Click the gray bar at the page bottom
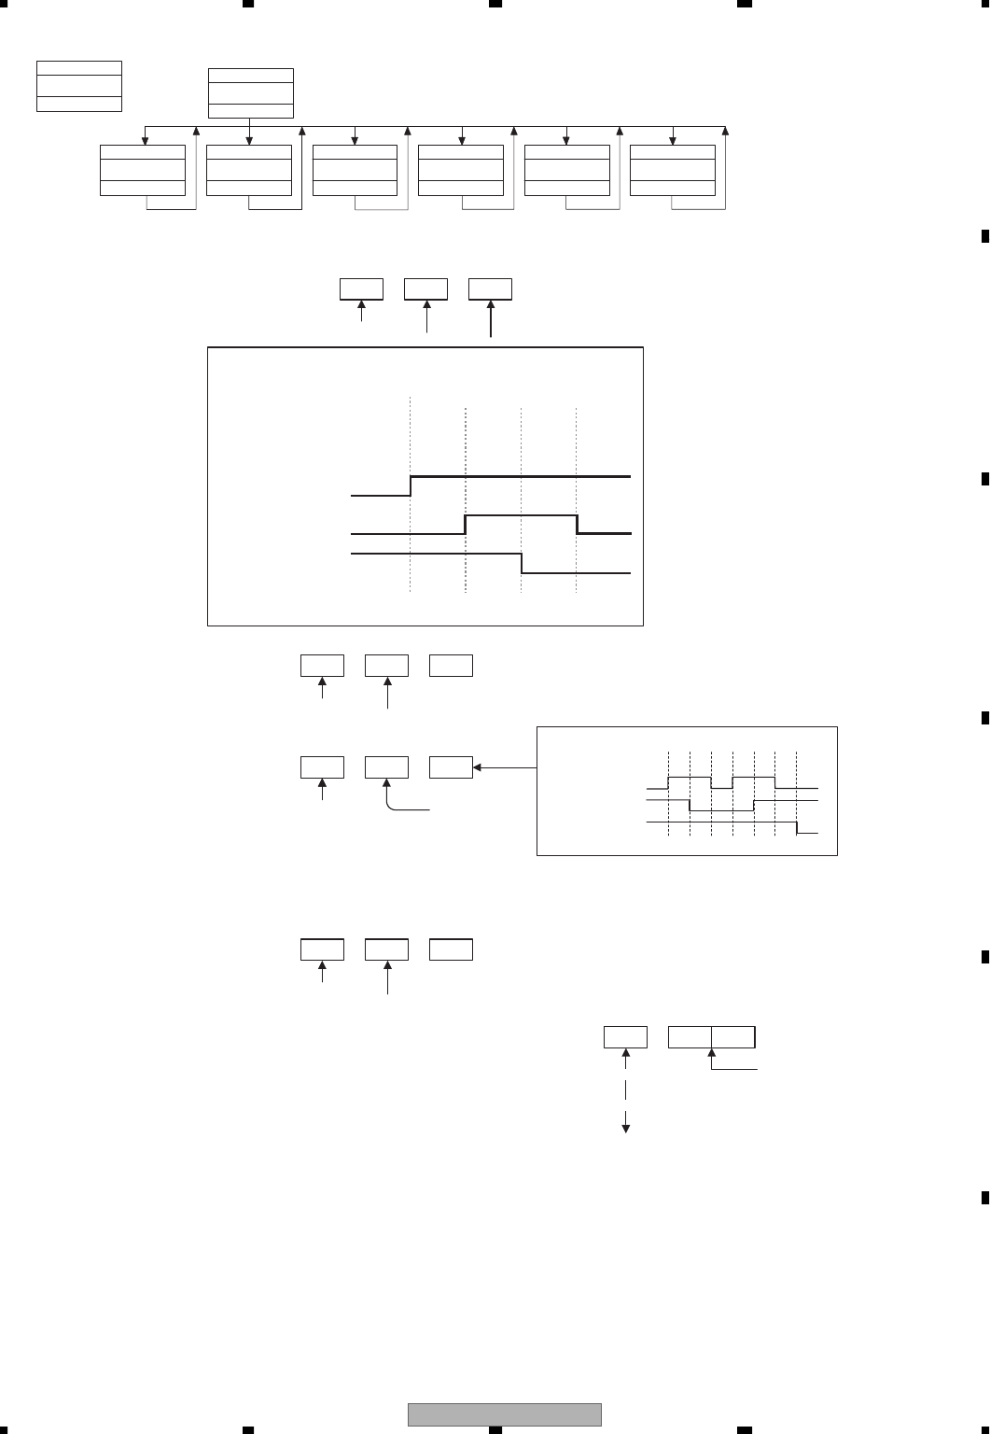(504, 1414)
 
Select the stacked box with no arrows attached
(79, 86)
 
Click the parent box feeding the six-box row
(250, 93)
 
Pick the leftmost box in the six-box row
(143, 170)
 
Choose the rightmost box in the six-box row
(673, 170)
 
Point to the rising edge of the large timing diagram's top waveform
(411, 485)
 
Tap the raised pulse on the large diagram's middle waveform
(521, 515)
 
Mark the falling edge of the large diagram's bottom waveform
(522, 563)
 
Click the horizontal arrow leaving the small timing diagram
(506, 768)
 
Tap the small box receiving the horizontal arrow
(451, 767)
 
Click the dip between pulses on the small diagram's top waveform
(721, 787)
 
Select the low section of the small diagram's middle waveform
(721, 810)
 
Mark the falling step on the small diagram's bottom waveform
(796, 827)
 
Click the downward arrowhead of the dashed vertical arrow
(626, 1129)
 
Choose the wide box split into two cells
(712, 1036)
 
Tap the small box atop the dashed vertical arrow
(625, 1036)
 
